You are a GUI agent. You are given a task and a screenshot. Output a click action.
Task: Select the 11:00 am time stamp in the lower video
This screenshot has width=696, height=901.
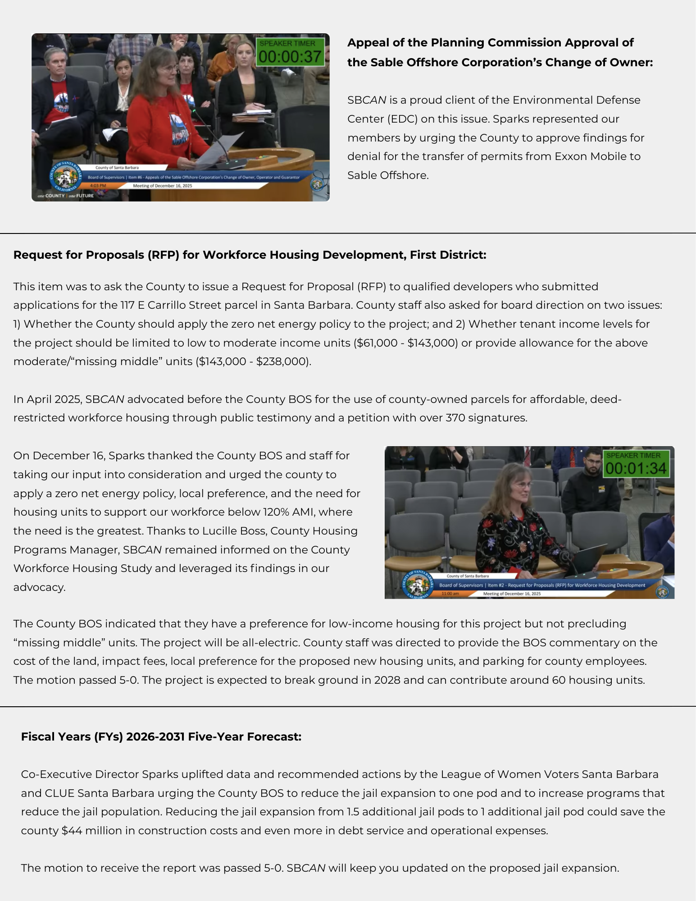click(450, 594)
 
